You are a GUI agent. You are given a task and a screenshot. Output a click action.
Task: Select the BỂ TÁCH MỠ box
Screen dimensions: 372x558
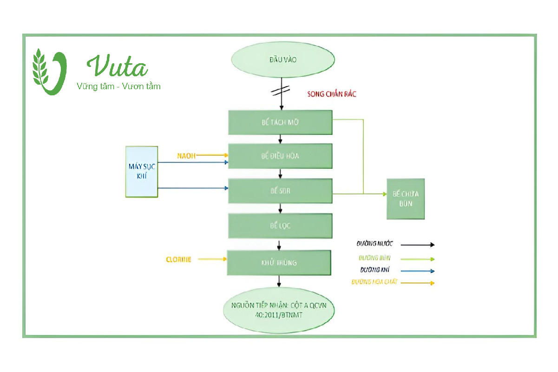(x=280, y=123)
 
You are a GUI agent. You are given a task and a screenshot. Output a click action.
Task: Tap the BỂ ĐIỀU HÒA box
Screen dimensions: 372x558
(x=280, y=156)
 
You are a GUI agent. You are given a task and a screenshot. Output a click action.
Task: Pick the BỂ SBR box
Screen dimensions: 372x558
(x=280, y=191)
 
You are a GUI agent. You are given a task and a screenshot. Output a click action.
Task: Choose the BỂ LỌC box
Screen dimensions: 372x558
(x=280, y=226)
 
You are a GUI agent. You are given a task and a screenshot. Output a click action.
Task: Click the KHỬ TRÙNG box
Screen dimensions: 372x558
(x=279, y=262)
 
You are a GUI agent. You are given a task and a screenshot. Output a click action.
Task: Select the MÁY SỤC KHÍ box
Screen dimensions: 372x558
(x=142, y=172)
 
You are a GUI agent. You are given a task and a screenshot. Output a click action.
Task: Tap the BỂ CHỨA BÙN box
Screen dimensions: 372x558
(x=406, y=199)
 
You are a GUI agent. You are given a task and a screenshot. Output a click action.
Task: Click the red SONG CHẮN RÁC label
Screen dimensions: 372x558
(x=332, y=94)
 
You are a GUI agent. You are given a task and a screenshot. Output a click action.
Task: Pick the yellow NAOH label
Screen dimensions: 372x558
(x=186, y=155)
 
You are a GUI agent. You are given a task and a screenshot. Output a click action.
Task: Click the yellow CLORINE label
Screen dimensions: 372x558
(x=179, y=259)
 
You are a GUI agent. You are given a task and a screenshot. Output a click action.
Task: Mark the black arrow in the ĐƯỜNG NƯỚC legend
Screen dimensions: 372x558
(x=417, y=244)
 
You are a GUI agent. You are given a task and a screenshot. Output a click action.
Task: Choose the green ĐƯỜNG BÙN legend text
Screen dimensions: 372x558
(x=374, y=258)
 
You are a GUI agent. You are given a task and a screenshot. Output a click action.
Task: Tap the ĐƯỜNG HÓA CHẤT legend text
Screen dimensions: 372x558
(x=374, y=282)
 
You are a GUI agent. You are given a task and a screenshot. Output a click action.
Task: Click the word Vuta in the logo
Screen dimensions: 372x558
(x=118, y=66)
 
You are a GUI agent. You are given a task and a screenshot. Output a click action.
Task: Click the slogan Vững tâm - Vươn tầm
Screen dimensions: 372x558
(x=118, y=86)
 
